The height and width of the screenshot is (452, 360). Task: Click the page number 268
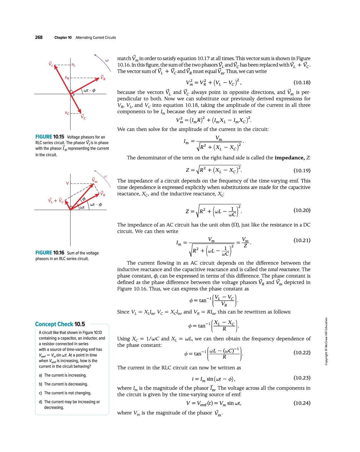pos(39,37)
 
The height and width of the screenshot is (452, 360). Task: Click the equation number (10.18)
pos(302,82)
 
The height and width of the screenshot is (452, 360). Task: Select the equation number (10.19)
pos(302,170)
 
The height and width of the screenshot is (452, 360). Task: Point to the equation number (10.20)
pos(302,210)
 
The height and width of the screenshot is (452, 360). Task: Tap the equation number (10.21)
pos(302,240)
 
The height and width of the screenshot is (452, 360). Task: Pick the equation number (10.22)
pos(302,352)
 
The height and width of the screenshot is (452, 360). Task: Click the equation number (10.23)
pos(302,378)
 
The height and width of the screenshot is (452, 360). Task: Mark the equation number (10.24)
pos(302,403)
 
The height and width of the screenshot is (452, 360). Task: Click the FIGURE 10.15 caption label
pos(50,137)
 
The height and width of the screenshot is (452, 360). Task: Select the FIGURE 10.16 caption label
pos(50,253)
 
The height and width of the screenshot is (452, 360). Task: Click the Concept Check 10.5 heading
pos(60,324)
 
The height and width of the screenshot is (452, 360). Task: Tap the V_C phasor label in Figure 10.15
pos(83,117)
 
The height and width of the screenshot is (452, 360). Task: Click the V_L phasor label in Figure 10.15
pos(51,64)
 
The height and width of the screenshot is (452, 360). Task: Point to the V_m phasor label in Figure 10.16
pos(95,180)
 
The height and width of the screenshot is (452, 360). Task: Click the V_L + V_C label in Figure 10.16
pos(56,201)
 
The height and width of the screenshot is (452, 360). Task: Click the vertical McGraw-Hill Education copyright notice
pos(326,341)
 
